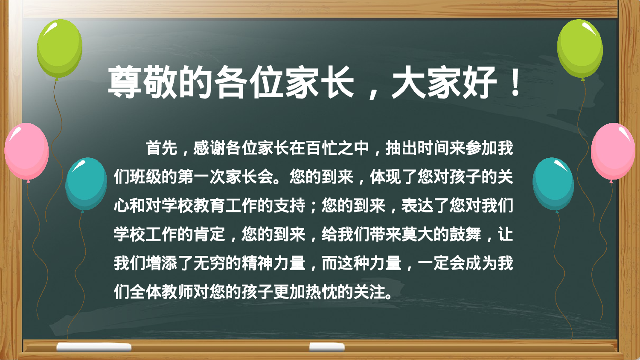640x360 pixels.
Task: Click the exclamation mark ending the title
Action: [x=515, y=82]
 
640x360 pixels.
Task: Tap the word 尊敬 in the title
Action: [x=142, y=82]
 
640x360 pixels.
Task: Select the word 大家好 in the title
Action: [x=444, y=82]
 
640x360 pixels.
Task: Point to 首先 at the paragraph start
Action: [x=161, y=148]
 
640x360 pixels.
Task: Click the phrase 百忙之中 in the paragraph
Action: [x=337, y=148]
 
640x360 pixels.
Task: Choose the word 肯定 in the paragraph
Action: [x=209, y=234]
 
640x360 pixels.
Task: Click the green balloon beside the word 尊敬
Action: [x=59, y=48]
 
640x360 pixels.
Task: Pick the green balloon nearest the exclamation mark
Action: [x=580, y=48]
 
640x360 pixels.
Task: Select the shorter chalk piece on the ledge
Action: [x=326, y=347]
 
